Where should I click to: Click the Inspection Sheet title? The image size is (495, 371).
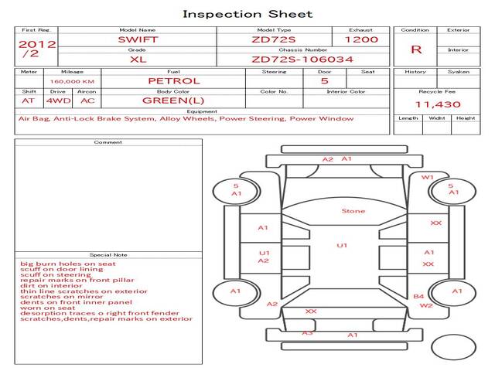pos(247,14)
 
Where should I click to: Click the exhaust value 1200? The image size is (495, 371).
pos(361,39)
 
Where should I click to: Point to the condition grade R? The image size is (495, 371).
pos(416,49)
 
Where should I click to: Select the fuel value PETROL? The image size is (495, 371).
pos(173,80)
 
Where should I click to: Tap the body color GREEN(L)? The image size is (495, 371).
pos(173,100)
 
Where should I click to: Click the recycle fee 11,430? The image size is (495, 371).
pos(438,104)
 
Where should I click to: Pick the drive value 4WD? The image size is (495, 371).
pos(56,100)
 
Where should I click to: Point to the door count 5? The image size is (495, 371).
pos(324,80)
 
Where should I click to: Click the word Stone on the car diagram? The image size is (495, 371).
pos(353,211)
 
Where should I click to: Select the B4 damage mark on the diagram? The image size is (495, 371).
pos(418,296)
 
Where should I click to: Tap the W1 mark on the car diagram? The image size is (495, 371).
pos(427,177)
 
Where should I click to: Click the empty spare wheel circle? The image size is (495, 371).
pos(453,346)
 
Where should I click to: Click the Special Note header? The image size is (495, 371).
pos(108,254)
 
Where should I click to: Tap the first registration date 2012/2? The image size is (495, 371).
pos(36,49)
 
